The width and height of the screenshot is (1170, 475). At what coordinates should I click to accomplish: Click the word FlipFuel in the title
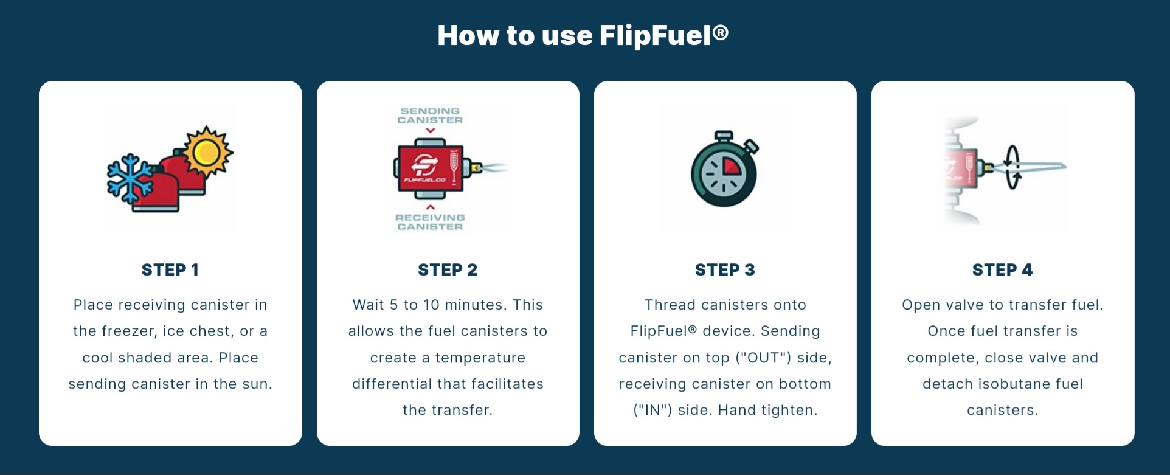pyautogui.click(x=656, y=35)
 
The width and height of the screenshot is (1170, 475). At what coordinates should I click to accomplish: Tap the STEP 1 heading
pyautogui.click(x=170, y=270)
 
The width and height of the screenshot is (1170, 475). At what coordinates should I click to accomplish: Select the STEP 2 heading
pyautogui.click(x=448, y=270)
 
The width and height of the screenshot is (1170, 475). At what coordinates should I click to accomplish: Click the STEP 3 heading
pyautogui.click(x=725, y=270)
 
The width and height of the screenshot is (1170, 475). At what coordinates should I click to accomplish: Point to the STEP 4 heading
pyautogui.click(x=1002, y=270)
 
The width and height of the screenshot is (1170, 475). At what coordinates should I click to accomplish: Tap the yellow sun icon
pyautogui.click(x=207, y=151)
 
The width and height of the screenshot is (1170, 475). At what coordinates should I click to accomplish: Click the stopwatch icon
pyautogui.click(x=725, y=169)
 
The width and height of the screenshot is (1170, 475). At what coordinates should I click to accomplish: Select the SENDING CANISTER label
pyautogui.click(x=430, y=116)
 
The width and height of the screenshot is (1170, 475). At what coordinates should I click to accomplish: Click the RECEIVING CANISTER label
pyautogui.click(x=430, y=222)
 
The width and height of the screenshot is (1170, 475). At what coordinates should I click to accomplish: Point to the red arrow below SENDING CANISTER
pyautogui.click(x=431, y=130)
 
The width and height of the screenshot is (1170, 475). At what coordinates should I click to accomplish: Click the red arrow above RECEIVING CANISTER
pyautogui.click(x=431, y=207)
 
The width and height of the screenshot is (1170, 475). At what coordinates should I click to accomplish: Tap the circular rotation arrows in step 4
pyautogui.click(x=1012, y=167)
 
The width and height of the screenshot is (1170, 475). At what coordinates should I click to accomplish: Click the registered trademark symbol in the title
pyautogui.click(x=721, y=32)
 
